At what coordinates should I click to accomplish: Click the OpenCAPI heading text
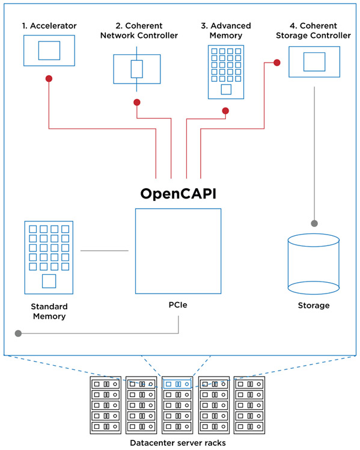pyautogui.click(x=178, y=194)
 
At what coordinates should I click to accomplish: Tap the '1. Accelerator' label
pyautogui.click(x=49, y=26)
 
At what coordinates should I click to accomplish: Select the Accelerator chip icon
pyautogui.click(x=49, y=51)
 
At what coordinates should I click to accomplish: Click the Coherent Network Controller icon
pyautogui.click(x=137, y=69)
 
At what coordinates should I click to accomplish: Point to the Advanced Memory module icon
pyautogui.click(x=226, y=72)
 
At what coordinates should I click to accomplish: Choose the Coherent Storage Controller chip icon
pyautogui.click(x=314, y=62)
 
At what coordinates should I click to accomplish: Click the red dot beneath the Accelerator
pyautogui.click(x=49, y=78)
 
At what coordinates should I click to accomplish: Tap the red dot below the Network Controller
pyautogui.click(x=137, y=102)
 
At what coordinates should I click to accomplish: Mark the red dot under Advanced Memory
pyautogui.click(x=225, y=111)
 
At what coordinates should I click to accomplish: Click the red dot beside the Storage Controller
pyautogui.click(x=277, y=63)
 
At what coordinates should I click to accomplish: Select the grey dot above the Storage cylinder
pyautogui.click(x=314, y=223)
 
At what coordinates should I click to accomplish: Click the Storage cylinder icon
pyautogui.click(x=314, y=264)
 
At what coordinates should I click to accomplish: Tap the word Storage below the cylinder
pyautogui.click(x=314, y=306)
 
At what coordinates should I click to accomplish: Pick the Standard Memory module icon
pyautogui.click(x=49, y=257)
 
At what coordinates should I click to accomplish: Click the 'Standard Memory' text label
pyautogui.click(x=49, y=312)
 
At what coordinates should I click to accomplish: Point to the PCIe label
pyautogui.click(x=178, y=305)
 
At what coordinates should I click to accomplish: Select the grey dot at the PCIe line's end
pyautogui.click(x=19, y=333)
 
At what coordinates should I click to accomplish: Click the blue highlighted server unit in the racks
pyautogui.click(x=177, y=384)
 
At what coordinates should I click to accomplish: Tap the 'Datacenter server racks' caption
pyautogui.click(x=178, y=443)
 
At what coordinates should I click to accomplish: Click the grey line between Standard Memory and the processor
pyautogui.click(x=105, y=250)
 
